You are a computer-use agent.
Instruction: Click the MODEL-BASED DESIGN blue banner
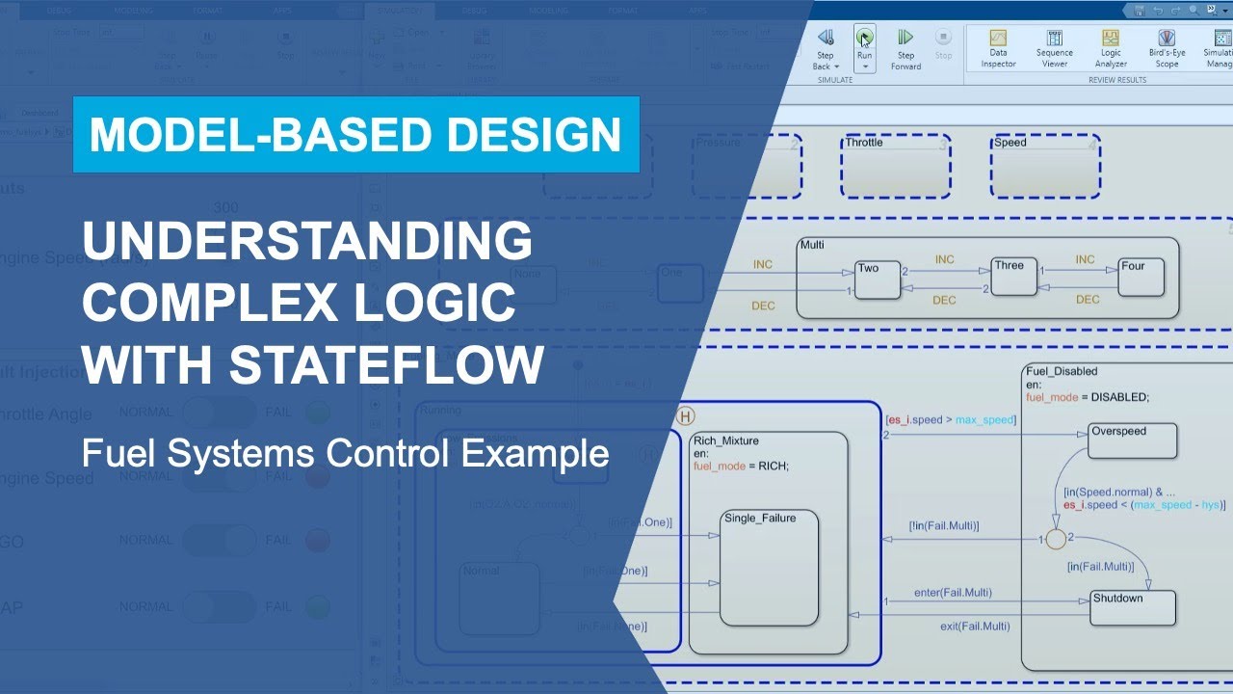click(x=355, y=135)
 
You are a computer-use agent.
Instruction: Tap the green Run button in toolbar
click(x=864, y=39)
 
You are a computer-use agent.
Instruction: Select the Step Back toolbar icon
click(x=826, y=39)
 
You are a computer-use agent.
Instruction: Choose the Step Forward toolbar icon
click(x=905, y=39)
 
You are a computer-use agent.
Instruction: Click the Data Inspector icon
click(x=998, y=40)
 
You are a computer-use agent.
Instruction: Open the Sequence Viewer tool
click(x=1054, y=40)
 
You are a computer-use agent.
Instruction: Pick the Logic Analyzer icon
click(x=1111, y=40)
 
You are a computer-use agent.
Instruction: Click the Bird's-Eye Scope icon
click(x=1167, y=40)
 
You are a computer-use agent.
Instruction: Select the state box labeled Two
click(x=877, y=280)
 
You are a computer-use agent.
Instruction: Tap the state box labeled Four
click(x=1141, y=278)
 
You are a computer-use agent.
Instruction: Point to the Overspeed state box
click(x=1133, y=441)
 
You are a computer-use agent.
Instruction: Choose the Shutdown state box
click(x=1133, y=608)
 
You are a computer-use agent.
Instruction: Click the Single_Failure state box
click(x=770, y=569)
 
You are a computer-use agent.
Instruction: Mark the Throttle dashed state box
click(x=895, y=167)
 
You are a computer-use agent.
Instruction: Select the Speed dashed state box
click(x=1045, y=167)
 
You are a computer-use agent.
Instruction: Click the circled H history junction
click(x=686, y=416)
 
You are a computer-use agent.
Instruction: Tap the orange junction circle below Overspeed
click(x=1056, y=539)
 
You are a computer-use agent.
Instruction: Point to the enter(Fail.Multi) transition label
click(x=953, y=592)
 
